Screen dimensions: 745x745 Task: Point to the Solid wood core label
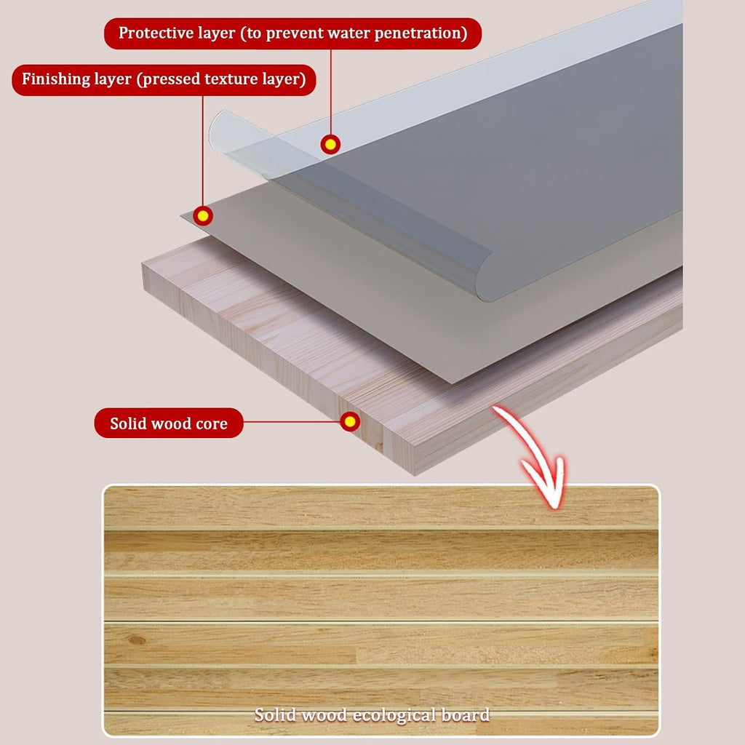(x=169, y=423)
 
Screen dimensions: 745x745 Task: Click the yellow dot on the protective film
(x=330, y=144)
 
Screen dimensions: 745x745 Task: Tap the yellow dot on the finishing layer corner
(x=203, y=216)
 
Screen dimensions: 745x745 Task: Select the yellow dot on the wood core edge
(x=350, y=421)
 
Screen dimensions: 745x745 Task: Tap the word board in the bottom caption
(x=466, y=714)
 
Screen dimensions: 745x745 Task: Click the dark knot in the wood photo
(x=137, y=640)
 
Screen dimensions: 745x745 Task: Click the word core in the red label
(x=212, y=424)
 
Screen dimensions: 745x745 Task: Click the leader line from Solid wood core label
(x=292, y=421)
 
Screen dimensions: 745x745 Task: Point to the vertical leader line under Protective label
(x=331, y=92)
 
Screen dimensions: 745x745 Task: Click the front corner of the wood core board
(x=414, y=474)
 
